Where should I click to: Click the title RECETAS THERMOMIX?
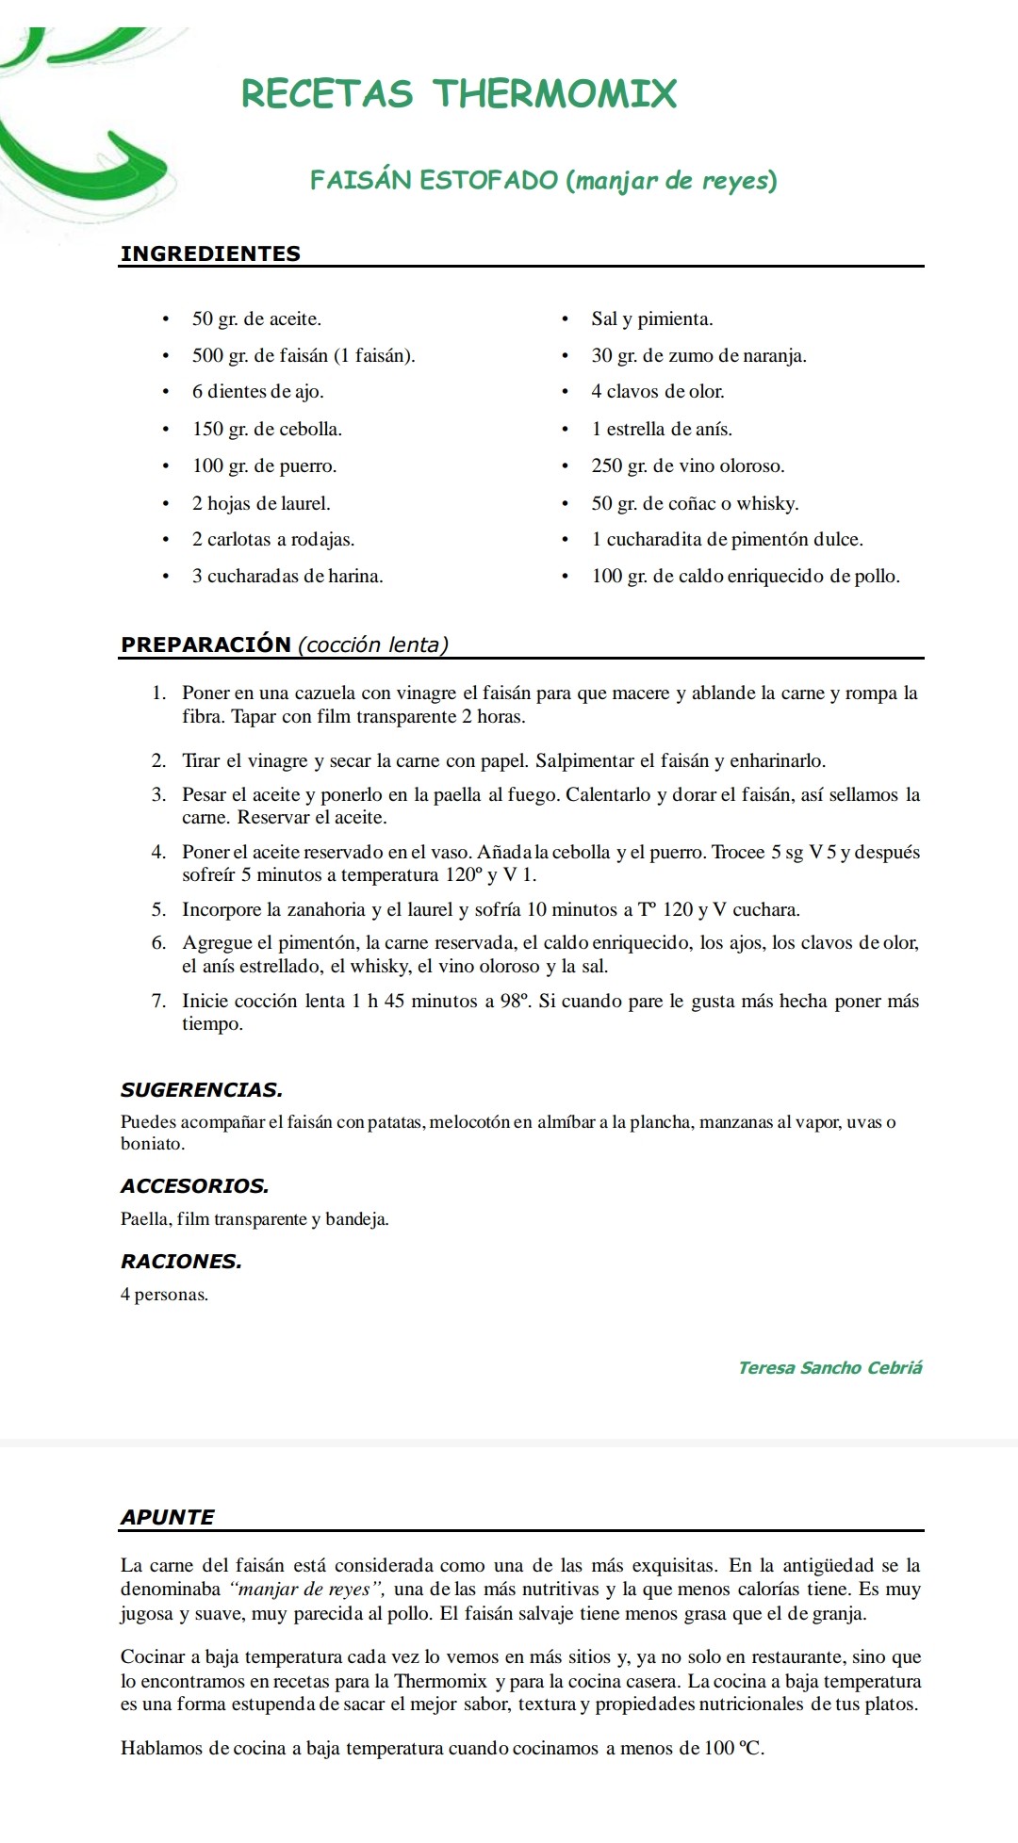coord(459,93)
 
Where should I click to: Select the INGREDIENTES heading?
coord(210,253)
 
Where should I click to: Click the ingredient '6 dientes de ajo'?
coord(257,392)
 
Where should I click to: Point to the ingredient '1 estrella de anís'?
coord(661,430)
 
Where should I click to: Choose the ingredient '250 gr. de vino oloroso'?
coord(687,466)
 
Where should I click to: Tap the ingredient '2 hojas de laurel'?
coord(261,503)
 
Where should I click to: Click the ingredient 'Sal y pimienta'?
coord(651,319)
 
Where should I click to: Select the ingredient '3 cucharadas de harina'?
coord(287,577)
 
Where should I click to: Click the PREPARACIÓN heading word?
coord(205,644)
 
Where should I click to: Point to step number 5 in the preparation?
coord(158,910)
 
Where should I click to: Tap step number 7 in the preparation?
coord(158,1002)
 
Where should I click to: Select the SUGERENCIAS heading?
coord(202,1090)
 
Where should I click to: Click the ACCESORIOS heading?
coord(194,1186)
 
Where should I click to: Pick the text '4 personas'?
coord(164,1295)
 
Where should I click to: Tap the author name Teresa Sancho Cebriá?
coord(829,1368)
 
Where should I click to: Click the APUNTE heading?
coord(167,1517)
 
